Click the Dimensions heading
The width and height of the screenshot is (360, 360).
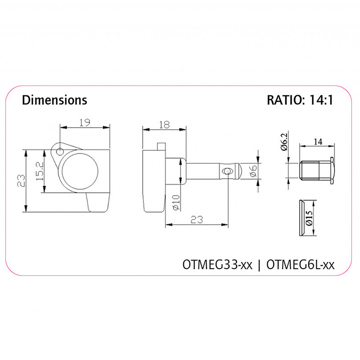click(x=54, y=100)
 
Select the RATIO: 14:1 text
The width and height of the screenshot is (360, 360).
click(x=300, y=100)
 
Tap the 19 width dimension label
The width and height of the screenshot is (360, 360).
click(x=85, y=123)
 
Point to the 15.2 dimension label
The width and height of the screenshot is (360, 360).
click(x=40, y=171)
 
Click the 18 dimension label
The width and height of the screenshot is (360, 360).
click(x=164, y=125)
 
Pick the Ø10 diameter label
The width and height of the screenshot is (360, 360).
click(x=176, y=203)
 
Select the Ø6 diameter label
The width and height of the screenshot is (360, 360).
click(x=253, y=171)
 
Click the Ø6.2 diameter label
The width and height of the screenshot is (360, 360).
click(x=284, y=142)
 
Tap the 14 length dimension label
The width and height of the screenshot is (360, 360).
click(x=318, y=142)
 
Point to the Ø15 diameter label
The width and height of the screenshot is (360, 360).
click(x=309, y=218)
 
